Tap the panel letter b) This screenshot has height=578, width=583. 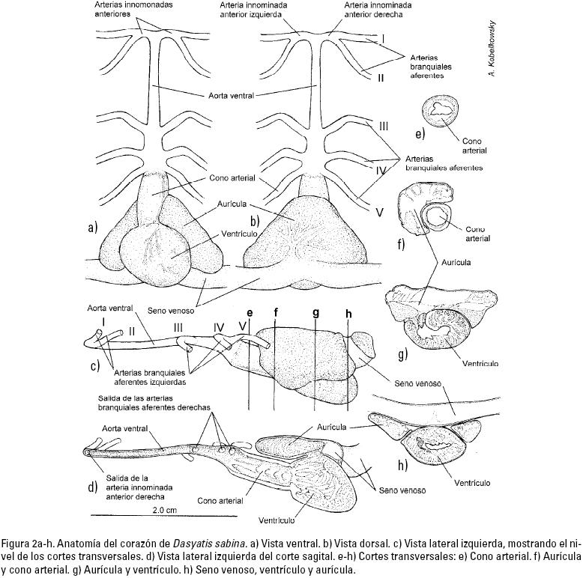click(x=256, y=220)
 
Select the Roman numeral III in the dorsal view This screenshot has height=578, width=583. click(x=383, y=126)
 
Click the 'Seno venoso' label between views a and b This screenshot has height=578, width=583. click(x=174, y=309)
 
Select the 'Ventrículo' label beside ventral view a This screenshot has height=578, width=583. click(x=240, y=234)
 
